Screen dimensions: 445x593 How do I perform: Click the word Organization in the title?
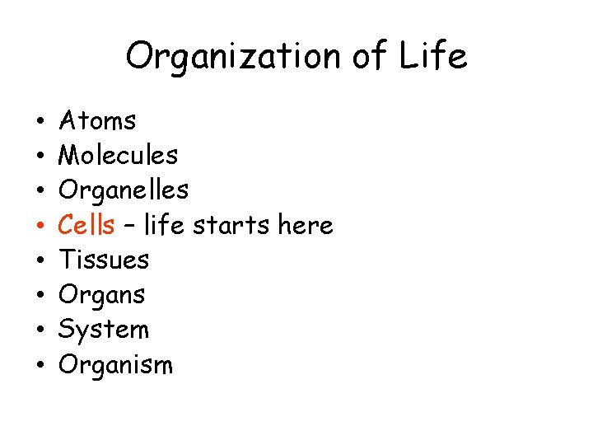tap(231, 57)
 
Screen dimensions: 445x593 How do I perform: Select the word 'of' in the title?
tap(371, 57)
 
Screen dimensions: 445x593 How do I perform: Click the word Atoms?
tap(98, 121)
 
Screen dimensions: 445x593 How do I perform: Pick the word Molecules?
tap(119, 155)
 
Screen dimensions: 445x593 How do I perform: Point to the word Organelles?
tap(124, 190)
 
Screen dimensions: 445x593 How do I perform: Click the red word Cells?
tap(86, 225)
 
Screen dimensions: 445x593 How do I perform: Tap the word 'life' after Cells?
tap(161, 225)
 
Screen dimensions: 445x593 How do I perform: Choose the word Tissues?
tap(104, 260)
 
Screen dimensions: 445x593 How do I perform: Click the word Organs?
tap(102, 295)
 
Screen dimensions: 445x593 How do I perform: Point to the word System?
tap(104, 330)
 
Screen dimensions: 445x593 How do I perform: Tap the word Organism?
tap(116, 364)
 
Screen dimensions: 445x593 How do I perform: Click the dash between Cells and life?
tap(129, 226)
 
